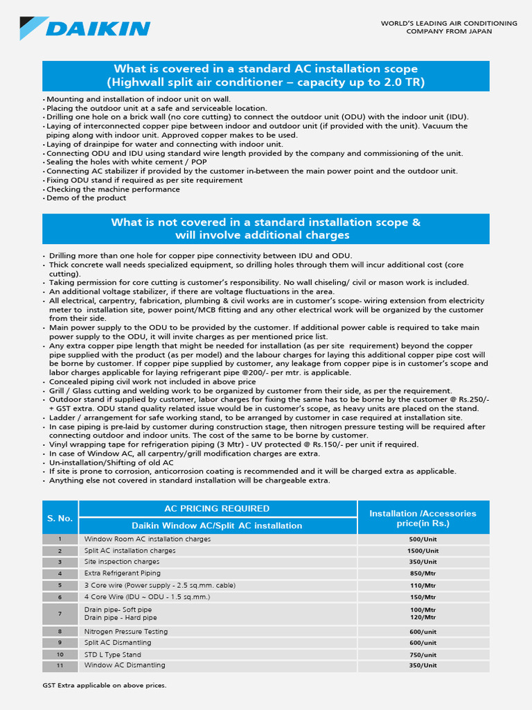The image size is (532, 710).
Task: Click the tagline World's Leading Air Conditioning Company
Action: (x=449, y=27)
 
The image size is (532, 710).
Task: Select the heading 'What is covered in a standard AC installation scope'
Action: (x=265, y=69)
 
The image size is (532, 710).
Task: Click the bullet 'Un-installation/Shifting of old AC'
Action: (x=111, y=462)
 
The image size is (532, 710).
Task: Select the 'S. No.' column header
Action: (x=60, y=518)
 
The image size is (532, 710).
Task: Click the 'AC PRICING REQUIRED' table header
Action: (x=217, y=509)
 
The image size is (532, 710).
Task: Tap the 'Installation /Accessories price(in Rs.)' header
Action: (x=423, y=518)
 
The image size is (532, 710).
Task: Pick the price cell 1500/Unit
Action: (x=423, y=551)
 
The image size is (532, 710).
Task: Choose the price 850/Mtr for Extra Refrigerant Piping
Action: (x=423, y=573)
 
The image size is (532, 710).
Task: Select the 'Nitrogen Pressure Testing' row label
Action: (x=125, y=632)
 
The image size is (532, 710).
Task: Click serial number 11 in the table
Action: (x=60, y=666)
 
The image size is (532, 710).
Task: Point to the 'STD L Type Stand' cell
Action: (x=112, y=655)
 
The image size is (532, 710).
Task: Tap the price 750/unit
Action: (x=423, y=655)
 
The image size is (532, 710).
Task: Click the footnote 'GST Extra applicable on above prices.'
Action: (x=105, y=686)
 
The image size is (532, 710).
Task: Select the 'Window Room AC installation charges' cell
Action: (x=147, y=539)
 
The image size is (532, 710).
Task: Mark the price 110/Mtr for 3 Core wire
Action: (x=423, y=585)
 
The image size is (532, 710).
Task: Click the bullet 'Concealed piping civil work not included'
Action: (x=152, y=381)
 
